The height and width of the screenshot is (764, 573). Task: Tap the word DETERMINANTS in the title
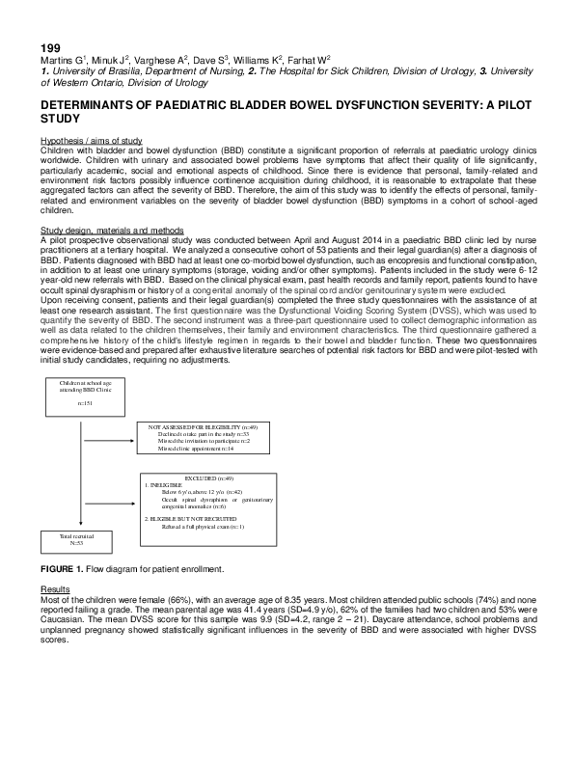[x=91, y=103]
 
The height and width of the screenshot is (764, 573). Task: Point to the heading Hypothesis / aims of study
[x=91, y=141]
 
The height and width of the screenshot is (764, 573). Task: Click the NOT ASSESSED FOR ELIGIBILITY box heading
[x=203, y=425]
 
